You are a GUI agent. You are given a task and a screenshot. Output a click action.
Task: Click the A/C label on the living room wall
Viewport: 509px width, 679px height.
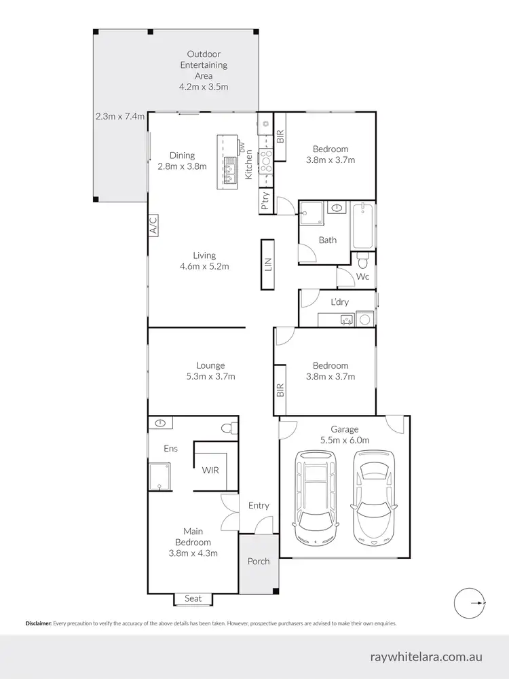click(x=153, y=225)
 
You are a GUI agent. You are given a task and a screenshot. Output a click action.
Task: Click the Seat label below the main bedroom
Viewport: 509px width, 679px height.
click(x=193, y=598)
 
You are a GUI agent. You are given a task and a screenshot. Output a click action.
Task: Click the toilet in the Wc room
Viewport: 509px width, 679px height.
click(x=362, y=261)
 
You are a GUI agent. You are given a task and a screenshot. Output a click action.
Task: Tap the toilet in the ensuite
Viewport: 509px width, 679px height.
click(x=228, y=426)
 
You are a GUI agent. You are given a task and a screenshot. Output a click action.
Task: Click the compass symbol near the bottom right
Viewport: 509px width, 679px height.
click(x=468, y=602)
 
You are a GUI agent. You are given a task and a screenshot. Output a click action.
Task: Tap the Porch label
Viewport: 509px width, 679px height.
click(x=258, y=561)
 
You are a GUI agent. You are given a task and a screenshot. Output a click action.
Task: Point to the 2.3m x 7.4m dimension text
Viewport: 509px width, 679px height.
click(x=120, y=116)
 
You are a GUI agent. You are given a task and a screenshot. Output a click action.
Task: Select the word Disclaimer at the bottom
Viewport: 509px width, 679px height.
click(x=38, y=623)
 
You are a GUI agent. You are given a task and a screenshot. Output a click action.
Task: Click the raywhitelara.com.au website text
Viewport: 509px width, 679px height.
click(x=427, y=657)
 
